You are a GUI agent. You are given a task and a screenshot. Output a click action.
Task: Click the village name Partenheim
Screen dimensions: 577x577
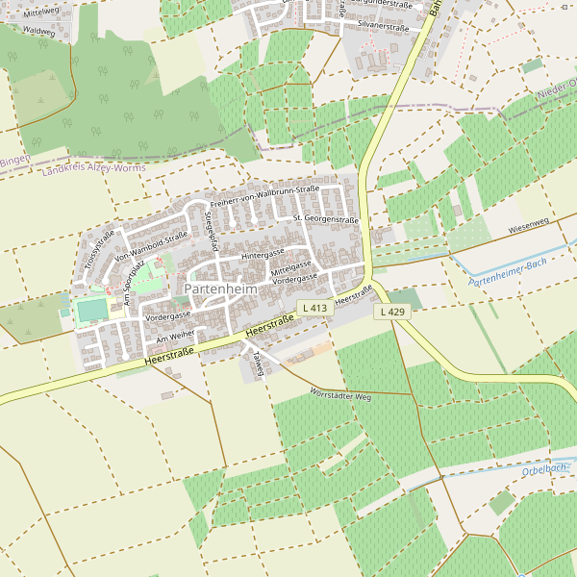(222, 288)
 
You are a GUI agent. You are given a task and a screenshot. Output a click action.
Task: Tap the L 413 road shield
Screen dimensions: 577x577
(314, 308)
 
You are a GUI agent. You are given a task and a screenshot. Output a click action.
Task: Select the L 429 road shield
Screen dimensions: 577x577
(390, 312)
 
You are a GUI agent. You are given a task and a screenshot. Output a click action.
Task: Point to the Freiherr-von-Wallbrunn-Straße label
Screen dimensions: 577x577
(264, 196)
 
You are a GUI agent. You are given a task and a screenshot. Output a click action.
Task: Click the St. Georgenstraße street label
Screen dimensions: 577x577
(325, 220)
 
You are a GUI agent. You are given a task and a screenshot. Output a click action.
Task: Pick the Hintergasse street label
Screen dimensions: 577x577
(263, 256)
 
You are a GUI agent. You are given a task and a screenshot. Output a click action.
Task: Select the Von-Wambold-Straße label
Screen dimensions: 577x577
(151, 246)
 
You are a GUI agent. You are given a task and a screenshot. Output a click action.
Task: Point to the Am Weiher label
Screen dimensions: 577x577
(175, 335)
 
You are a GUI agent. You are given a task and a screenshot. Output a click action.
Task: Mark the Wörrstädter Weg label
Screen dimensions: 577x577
(340, 395)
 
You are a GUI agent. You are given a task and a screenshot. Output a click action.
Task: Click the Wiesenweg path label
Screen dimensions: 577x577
(528, 227)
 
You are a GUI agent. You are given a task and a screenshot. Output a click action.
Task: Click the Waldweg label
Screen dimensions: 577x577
(38, 31)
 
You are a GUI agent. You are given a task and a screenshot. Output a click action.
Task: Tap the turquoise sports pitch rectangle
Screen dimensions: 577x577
(91, 310)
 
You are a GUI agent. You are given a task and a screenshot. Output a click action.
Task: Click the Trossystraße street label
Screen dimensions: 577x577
(99, 248)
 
